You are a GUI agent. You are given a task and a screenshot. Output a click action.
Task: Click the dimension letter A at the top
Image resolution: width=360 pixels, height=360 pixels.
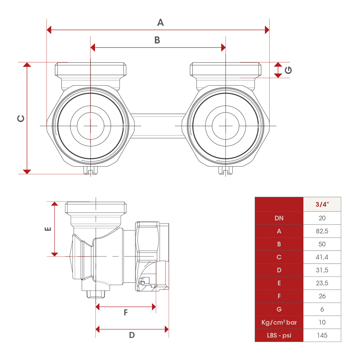point(161,22)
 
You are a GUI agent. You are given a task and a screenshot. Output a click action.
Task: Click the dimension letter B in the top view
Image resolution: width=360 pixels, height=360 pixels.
point(157,40)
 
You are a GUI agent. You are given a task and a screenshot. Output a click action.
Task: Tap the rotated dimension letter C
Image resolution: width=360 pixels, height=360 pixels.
point(21,118)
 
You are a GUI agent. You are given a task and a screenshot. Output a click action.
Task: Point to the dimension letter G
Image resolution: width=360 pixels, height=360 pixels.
point(288,71)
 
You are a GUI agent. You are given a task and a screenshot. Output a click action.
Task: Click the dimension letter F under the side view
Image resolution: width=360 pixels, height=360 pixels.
point(126,313)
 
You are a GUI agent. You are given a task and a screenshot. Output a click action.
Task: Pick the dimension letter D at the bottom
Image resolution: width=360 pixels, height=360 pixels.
point(132,335)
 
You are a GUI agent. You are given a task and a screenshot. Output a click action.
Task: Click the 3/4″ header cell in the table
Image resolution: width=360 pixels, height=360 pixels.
point(322,204)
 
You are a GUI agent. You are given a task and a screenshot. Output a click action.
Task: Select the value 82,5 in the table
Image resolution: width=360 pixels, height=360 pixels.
point(322,231)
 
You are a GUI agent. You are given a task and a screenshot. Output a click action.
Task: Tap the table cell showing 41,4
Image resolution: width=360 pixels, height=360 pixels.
point(322,257)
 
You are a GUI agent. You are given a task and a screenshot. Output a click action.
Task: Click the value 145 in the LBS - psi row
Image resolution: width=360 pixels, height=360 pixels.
point(322,335)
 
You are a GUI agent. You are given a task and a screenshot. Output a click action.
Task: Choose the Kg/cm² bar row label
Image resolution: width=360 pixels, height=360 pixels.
point(279,322)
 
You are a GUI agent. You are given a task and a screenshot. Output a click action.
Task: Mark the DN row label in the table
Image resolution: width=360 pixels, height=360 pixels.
point(279,218)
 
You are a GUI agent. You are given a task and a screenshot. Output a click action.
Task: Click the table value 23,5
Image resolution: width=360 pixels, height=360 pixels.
point(322,283)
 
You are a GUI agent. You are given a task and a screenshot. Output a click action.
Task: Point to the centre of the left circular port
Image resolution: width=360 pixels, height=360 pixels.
point(90,126)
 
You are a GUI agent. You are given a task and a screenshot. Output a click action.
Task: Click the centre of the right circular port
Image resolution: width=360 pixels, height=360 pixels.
point(225,126)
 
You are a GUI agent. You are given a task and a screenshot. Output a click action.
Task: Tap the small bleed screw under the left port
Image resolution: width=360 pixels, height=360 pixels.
point(90,171)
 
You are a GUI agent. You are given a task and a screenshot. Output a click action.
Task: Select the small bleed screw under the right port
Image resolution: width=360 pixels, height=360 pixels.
point(225,171)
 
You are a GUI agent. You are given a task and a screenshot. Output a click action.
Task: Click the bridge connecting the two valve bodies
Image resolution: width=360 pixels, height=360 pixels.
point(158,126)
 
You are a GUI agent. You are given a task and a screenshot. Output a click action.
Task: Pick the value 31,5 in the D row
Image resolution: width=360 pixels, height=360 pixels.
point(322,270)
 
